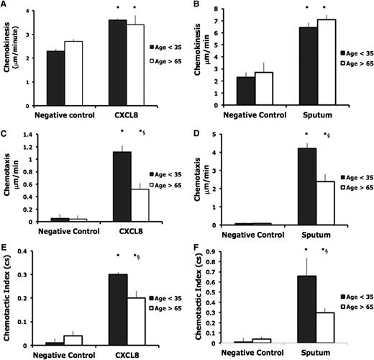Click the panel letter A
pos(5,6)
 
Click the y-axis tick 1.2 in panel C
pos(27,134)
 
